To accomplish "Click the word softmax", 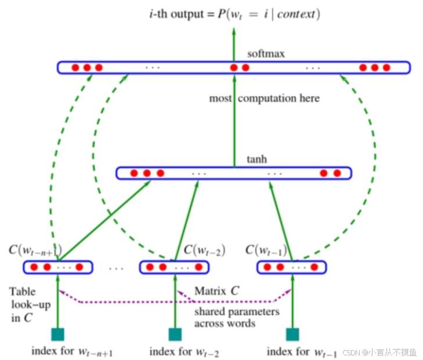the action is pyautogui.click(x=266, y=53).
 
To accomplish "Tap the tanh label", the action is pyautogui.click(x=257, y=159).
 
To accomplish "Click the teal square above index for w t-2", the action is pyautogui.click(x=175, y=334).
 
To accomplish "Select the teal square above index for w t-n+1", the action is pyautogui.click(x=57, y=334).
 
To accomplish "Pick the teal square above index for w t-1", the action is pyautogui.click(x=292, y=334).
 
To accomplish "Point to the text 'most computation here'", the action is pyautogui.click(x=265, y=98).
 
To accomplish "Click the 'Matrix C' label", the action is pyautogui.click(x=217, y=291).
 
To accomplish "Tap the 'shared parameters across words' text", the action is pyautogui.click(x=237, y=318).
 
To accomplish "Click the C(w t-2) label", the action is pyautogui.click(x=204, y=250).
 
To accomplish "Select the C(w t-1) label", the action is pyautogui.click(x=266, y=250).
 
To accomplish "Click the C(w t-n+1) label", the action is pyautogui.click(x=35, y=250).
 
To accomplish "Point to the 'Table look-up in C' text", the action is pyautogui.click(x=30, y=305).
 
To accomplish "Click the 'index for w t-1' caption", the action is pyautogui.click(x=302, y=352).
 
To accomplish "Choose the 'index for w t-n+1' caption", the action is pyautogui.click(x=72, y=351).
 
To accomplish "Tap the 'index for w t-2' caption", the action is pyautogui.click(x=185, y=352).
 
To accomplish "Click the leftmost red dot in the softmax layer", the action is pyautogui.click(x=75, y=67).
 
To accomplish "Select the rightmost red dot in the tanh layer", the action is pyautogui.click(x=337, y=173).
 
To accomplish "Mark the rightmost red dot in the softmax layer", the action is pyautogui.click(x=386, y=67).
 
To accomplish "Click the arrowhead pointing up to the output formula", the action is pyautogui.click(x=234, y=31).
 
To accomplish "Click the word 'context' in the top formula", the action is pyautogui.click(x=296, y=14).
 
